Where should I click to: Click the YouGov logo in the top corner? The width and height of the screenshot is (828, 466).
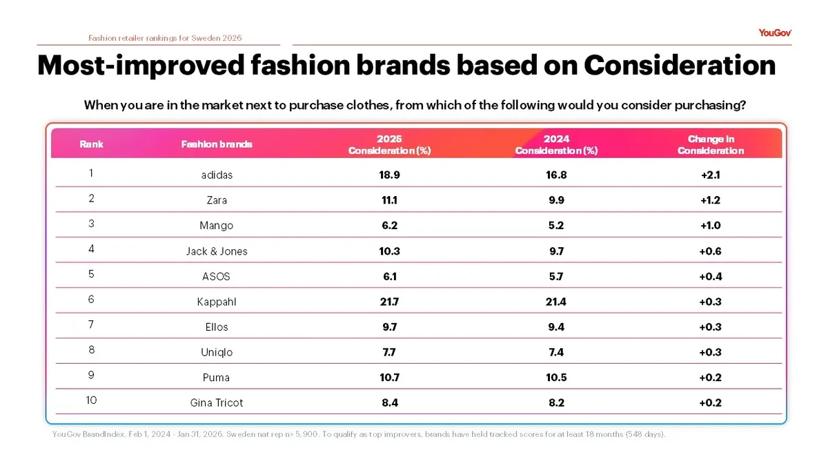pos(775,32)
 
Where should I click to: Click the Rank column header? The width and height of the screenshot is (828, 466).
pos(91,144)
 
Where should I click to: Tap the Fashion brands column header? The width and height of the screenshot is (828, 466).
pos(217,144)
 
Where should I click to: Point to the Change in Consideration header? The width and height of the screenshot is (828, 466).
pos(710,145)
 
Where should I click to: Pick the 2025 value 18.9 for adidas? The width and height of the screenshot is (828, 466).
pos(389,175)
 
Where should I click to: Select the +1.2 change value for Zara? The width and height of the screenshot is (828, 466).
pos(710,200)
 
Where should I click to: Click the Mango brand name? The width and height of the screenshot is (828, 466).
pos(217,226)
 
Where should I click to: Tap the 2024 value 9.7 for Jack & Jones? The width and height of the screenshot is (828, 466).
pos(556,251)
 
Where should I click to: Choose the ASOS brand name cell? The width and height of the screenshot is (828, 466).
pos(217,276)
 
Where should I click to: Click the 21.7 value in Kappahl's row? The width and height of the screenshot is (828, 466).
pos(389,302)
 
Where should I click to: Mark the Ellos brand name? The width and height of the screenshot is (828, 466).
pos(217,327)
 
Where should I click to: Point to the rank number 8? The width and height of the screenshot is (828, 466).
pos(91,350)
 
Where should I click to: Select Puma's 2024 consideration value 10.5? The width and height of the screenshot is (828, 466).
pos(556,378)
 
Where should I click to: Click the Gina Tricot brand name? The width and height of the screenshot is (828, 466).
pos(217,402)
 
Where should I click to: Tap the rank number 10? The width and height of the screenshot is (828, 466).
pos(91,400)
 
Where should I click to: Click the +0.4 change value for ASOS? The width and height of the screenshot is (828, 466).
pos(710,276)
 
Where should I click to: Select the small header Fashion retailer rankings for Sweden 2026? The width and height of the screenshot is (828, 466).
pos(165,38)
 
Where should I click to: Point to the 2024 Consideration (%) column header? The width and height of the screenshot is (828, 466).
pos(556,145)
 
